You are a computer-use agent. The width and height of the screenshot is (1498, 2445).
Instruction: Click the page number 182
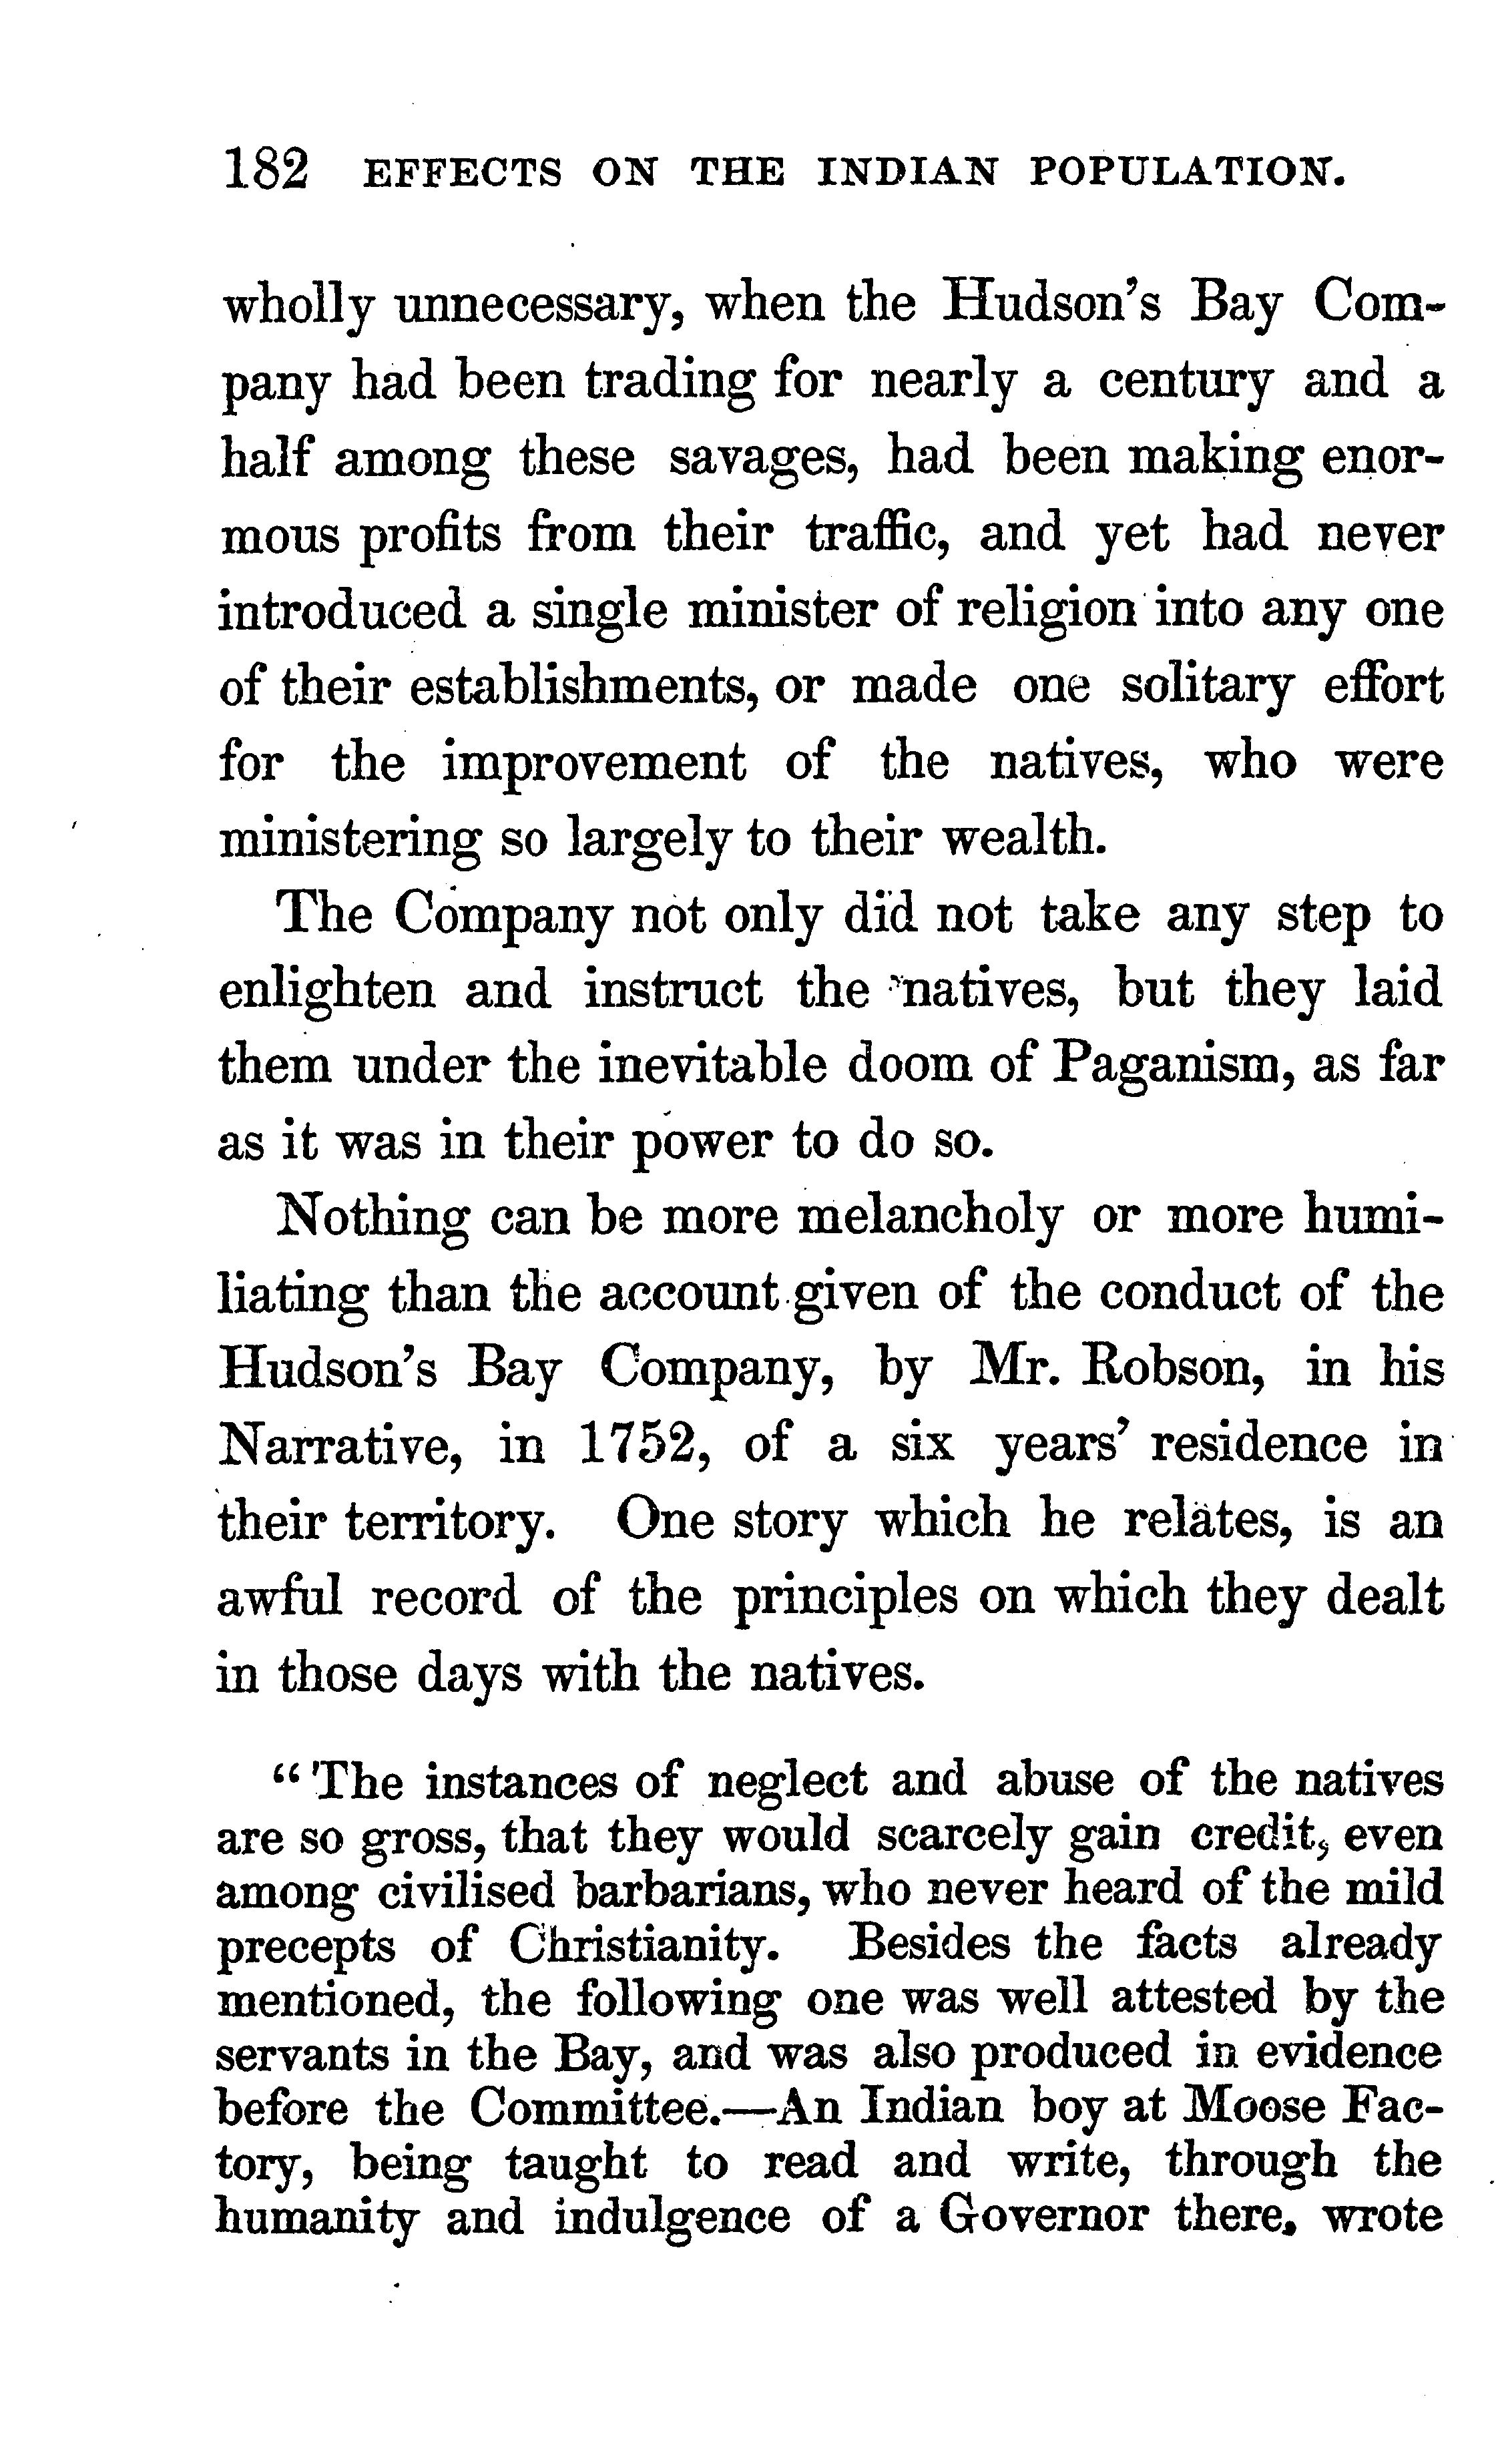(266, 171)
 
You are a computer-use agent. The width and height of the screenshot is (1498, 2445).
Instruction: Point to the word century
(1184, 382)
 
